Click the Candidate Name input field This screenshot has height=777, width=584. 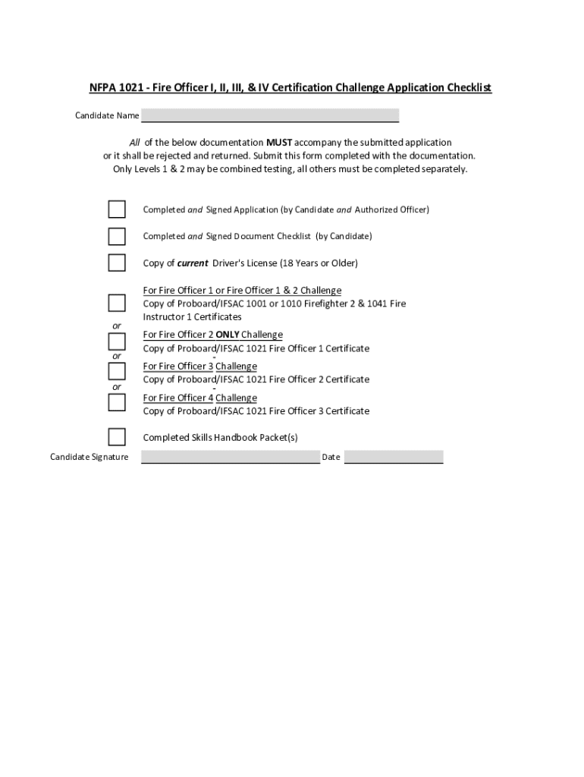click(270, 115)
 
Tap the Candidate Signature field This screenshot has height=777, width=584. click(231, 457)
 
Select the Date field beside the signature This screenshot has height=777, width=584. click(394, 457)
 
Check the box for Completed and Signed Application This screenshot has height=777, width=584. click(117, 209)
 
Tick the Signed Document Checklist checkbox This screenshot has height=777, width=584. click(117, 236)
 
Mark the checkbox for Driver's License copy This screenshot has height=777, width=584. click(117, 263)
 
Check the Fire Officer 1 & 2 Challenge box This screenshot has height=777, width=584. click(117, 303)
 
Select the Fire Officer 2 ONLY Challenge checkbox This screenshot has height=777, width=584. click(117, 340)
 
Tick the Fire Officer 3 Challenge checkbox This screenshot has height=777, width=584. click(117, 371)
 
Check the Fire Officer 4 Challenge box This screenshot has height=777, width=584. click(117, 401)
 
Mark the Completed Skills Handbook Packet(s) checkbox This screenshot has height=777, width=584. click(117, 436)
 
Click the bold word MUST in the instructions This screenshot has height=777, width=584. click(279, 143)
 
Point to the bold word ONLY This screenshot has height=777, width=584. click(228, 335)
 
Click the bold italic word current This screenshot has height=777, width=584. click(193, 263)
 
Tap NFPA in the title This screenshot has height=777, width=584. click(101, 88)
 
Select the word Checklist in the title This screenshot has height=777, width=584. click(469, 88)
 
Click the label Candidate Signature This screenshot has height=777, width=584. click(89, 457)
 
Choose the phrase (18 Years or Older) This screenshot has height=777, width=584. click(319, 263)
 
